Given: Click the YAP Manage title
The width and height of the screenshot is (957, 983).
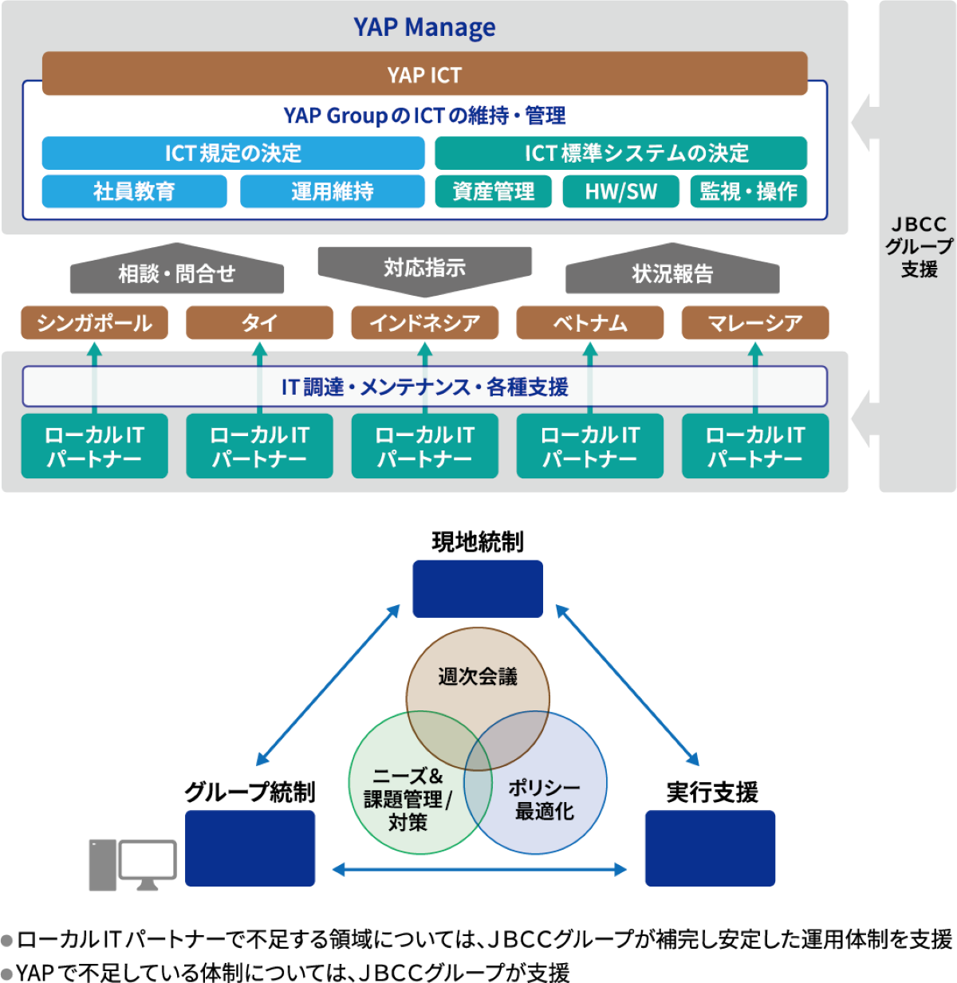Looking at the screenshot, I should click(x=424, y=28).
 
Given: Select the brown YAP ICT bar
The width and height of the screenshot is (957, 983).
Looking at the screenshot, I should click(x=424, y=74).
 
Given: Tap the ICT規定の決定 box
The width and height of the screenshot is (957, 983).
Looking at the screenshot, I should click(x=233, y=153).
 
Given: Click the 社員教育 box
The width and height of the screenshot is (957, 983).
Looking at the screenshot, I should click(x=134, y=191).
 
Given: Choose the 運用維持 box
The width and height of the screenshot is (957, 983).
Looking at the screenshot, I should click(x=332, y=191).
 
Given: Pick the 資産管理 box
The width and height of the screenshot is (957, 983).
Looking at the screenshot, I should click(x=493, y=191).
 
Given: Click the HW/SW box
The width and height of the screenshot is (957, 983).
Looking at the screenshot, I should click(x=620, y=191).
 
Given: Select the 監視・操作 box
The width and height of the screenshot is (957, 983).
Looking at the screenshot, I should click(x=748, y=191).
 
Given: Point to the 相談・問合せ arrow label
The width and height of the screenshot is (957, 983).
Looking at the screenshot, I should click(x=176, y=273).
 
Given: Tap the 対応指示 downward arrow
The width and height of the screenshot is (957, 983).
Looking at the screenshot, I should click(x=424, y=267).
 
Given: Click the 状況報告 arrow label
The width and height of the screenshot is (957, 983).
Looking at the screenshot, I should click(x=672, y=273).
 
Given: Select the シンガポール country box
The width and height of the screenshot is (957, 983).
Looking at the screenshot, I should click(x=94, y=323).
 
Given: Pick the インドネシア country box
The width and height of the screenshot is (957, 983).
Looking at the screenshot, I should click(x=424, y=323).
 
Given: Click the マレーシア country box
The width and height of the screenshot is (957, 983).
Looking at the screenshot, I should click(x=754, y=323).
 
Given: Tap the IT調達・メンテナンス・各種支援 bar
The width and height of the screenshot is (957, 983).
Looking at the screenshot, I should click(x=424, y=387).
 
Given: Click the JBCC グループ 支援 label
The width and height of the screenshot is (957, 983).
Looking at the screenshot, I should click(x=919, y=246).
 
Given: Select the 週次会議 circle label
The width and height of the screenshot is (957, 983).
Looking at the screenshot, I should click(x=478, y=677).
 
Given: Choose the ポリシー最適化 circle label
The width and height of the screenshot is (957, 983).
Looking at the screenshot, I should click(x=545, y=799).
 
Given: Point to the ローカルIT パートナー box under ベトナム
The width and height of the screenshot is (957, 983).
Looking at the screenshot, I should click(x=589, y=446).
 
